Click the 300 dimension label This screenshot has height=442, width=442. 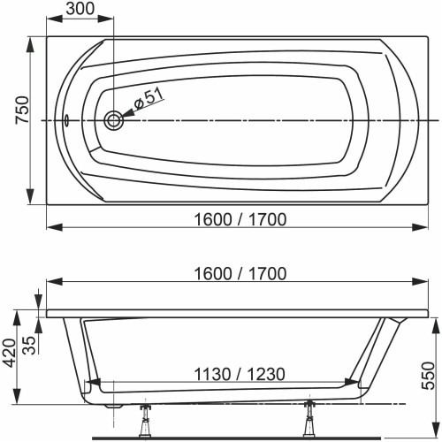tap(80, 9)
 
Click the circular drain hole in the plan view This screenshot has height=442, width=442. tap(114, 121)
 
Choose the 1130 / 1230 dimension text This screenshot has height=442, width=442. tap(229, 375)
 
